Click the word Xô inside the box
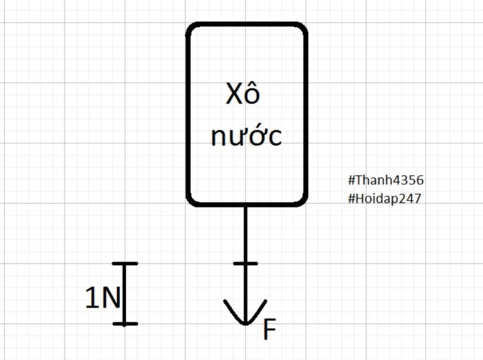pos(242,94)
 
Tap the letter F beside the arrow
pos(269,330)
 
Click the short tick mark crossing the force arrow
pos(245,263)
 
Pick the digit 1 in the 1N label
pos(91,298)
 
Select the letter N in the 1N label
pos(111,298)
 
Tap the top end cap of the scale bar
pos(125,263)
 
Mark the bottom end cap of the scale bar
pos(125,324)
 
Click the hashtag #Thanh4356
pos(385,180)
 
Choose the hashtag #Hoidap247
pos(384,198)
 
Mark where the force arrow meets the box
pos(245,205)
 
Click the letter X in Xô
pos(234,95)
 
